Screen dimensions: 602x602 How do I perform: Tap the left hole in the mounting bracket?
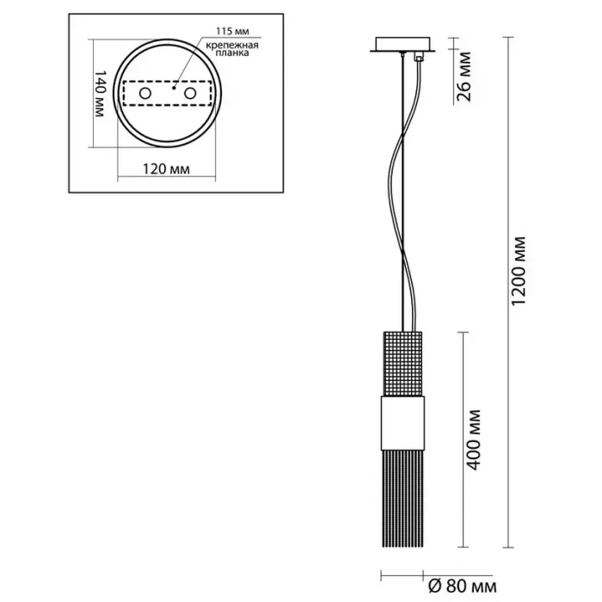pyautogui.click(x=144, y=93)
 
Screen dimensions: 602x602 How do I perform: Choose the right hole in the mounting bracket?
pyautogui.click(x=189, y=92)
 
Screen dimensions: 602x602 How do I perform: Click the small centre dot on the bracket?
pyautogui.click(x=173, y=87)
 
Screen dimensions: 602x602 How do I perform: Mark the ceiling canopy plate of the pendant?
pyautogui.click(x=400, y=45)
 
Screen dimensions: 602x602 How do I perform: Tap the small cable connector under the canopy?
pyautogui.click(x=419, y=58)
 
